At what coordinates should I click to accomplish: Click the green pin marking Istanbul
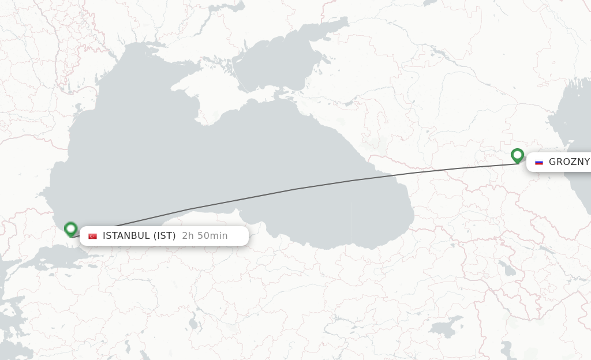(x=70, y=229)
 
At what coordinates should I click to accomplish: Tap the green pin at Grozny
(x=517, y=155)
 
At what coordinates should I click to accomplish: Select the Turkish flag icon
(x=92, y=236)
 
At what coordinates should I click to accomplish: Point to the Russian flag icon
(x=539, y=162)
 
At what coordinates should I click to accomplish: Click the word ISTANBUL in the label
(x=126, y=236)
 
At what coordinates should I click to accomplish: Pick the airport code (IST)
(x=164, y=236)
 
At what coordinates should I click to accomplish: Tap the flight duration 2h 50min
(x=204, y=236)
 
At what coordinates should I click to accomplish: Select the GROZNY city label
(x=568, y=162)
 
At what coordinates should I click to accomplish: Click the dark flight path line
(x=294, y=189)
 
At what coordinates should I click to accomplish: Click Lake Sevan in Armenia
(x=506, y=269)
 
